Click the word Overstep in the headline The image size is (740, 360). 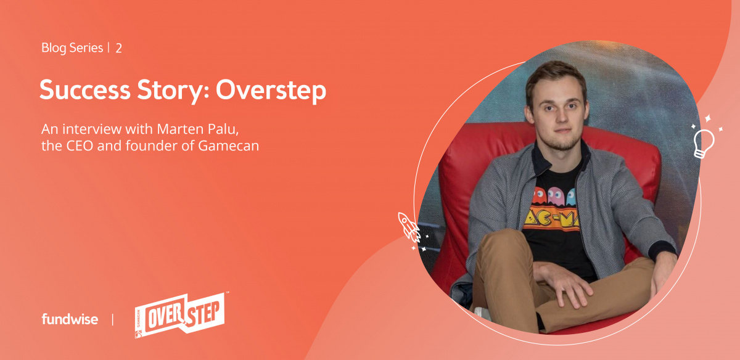click(271, 91)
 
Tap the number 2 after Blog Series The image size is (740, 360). click(118, 49)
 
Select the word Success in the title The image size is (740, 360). click(85, 89)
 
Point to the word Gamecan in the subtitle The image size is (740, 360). click(228, 145)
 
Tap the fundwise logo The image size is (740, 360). click(70, 319)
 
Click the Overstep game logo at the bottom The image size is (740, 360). click(180, 316)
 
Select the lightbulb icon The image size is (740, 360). click(704, 144)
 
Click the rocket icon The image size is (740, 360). click(409, 227)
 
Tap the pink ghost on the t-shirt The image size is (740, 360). click(556, 196)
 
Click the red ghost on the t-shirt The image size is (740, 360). click(539, 195)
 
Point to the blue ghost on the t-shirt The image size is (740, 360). click(571, 197)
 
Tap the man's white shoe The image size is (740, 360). click(482, 313)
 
